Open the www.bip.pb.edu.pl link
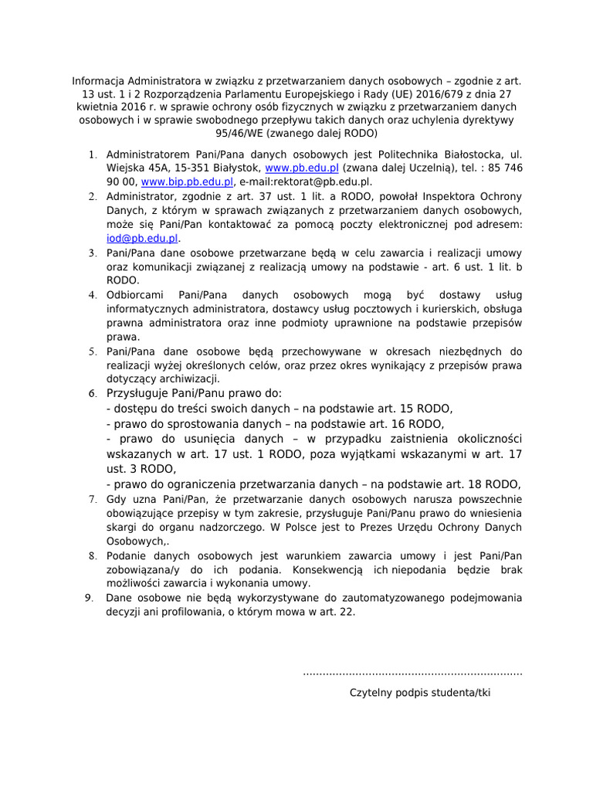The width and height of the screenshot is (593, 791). click(187, 182)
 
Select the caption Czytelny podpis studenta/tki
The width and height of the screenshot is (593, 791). click(420, 693)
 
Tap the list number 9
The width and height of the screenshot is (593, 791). click(89, 598)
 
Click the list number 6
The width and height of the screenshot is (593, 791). click(91, 394)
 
